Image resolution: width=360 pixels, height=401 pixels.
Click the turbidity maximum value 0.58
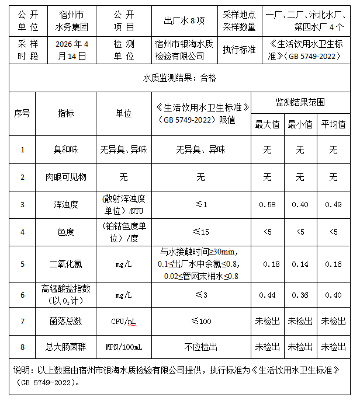(267, 204)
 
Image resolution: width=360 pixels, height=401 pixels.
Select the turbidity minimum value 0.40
(300, 204)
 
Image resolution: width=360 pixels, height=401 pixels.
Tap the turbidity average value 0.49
(333, 204)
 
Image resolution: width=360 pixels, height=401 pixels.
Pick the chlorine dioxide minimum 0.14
(300, 264)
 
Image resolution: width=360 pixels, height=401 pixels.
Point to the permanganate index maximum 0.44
(267, 295)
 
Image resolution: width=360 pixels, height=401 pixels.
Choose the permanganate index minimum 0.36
(300, 295)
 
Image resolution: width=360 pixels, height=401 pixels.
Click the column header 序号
(22, 113)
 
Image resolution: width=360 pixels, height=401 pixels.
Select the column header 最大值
(267, 124)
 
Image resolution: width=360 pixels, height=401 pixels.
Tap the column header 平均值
(333, 124)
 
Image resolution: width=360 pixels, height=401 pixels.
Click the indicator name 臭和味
(65, 150)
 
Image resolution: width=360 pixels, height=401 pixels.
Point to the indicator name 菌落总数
(65, 321)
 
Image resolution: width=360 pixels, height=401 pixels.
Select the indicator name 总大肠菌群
(65, 347)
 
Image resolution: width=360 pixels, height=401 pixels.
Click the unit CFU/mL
(123, 321)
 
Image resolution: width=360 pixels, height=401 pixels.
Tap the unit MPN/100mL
(123, 347)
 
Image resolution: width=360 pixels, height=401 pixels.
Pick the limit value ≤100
(200, 321)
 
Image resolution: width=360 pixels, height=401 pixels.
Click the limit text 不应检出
(200, 347)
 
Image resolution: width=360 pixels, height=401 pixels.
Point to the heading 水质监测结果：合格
(179, 76)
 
